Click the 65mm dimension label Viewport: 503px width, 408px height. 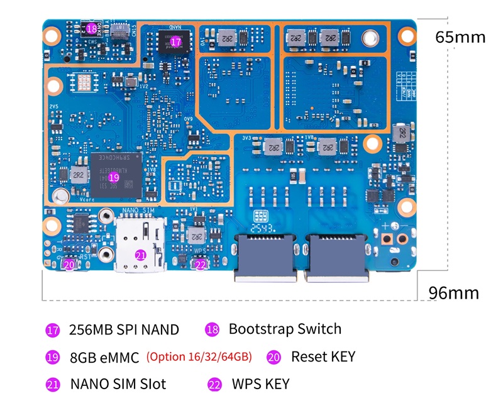click(x=460, y=37)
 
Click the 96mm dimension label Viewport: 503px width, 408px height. click(x=453, y=293)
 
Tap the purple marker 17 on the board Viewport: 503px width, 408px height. click(x=175, y=41)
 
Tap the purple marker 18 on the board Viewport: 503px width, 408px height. click(x=92, y=28)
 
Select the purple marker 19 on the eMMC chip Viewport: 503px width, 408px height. click(x=114, y=178)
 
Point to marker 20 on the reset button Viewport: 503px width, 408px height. click(x=69, y=265)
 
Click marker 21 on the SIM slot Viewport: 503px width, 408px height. click(x=140, y=255)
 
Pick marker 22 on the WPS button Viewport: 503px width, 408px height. click(x=200, y=265)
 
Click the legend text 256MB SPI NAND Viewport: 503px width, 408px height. click(x=124, y=330)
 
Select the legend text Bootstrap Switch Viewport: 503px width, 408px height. click(x=285, y=329)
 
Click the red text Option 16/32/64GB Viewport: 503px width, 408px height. click(x=199, y=357)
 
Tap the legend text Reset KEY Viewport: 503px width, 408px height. click(x=323, y=356)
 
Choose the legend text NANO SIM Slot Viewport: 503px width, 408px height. click(x=118, y=383)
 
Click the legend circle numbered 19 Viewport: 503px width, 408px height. click(x=53, y=358)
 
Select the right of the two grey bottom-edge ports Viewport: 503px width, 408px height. click(x=337, y=258)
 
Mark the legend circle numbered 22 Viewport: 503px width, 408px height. click(x=214, y=384)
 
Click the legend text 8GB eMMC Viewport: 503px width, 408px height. click(x=104, y=358)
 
